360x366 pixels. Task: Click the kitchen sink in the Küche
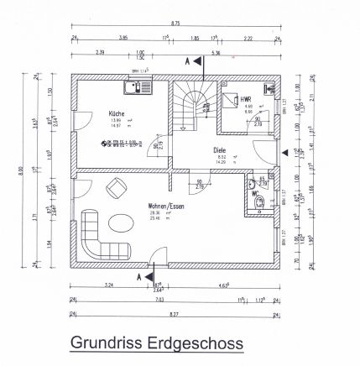tap(135, 86)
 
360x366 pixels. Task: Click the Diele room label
tap(220, 150)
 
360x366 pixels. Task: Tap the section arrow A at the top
tap(190, 61)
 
